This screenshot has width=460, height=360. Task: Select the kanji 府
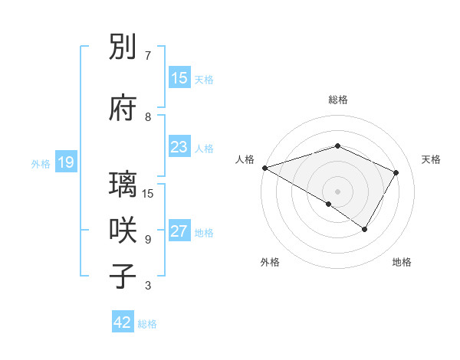tap(123, 107)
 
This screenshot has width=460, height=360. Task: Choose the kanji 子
tap(123, 276)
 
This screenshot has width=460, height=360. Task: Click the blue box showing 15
tap(179, 78)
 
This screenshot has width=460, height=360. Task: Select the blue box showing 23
tap(179, 147)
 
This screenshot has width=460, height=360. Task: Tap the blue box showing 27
tap(179, 231)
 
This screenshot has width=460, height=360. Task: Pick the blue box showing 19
tap(65, 162)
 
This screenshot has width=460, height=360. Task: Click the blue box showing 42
tap(123, 322)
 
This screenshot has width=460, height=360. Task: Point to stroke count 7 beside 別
tap(147, 56)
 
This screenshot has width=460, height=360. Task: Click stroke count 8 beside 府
tap(148, 116)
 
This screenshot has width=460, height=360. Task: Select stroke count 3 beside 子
tap(148, 286)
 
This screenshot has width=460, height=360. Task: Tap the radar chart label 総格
tap(337, 100)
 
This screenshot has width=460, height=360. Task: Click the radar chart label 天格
tap(432, 159)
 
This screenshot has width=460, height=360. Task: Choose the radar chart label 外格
tap(270, 262)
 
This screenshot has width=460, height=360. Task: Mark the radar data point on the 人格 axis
tap(264, 167)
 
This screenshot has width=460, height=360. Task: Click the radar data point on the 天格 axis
tap(396, 172)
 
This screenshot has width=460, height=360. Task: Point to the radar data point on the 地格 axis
tap(365, 229)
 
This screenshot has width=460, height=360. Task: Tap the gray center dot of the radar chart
tap(337, 191)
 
